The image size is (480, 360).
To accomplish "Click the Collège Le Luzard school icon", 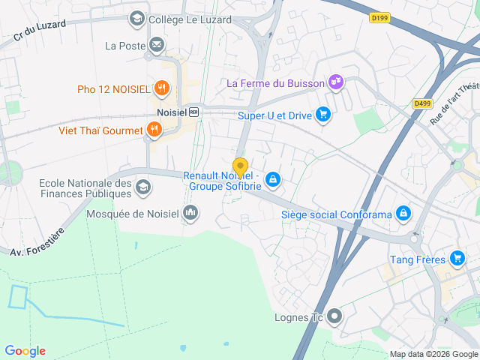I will point(136,18).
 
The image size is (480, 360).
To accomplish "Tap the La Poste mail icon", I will point(156,46).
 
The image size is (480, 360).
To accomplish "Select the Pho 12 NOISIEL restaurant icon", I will point(161,89).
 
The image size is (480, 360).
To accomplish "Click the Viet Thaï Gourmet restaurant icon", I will point(154,130).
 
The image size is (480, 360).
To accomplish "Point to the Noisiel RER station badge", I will point(193,112).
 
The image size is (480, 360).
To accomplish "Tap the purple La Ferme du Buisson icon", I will point(336,82).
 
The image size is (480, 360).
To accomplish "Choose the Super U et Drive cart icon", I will point(323,115).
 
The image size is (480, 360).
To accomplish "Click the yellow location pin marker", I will point(240,167).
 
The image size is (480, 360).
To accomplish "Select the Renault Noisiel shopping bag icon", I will point(273,180).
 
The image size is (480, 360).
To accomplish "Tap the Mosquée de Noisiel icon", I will point(190,214).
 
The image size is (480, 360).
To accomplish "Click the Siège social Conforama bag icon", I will point(403,214).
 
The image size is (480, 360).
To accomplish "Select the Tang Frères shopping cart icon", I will point(457,259).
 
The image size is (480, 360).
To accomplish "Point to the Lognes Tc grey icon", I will point(334,316).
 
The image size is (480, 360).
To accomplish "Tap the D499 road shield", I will point(421,104).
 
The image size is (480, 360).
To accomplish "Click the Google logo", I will point(25,351).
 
